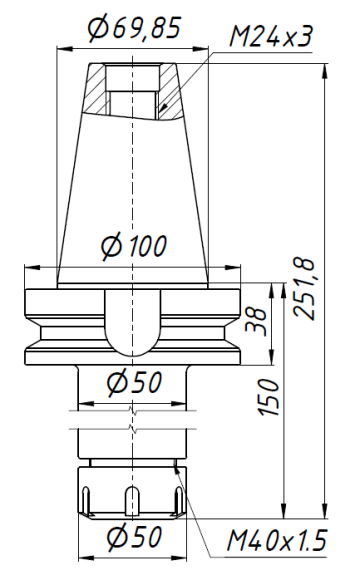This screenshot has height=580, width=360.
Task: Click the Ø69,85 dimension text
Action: pos(134,30)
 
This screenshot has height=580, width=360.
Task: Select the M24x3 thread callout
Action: pos(271,38)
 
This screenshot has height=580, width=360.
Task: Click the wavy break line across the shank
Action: pos(132,420)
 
